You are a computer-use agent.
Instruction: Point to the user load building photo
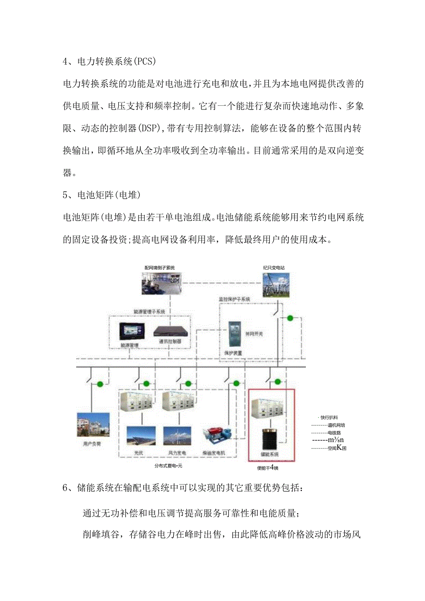pos(93,425)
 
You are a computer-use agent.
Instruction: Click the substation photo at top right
pos(276,285)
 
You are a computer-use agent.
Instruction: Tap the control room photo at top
pos(161,283)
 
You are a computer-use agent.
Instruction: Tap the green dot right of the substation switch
pos(290,318)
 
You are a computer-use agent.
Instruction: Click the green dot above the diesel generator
pos(237,383)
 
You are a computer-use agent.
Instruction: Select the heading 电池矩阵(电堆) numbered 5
pos(107,195)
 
